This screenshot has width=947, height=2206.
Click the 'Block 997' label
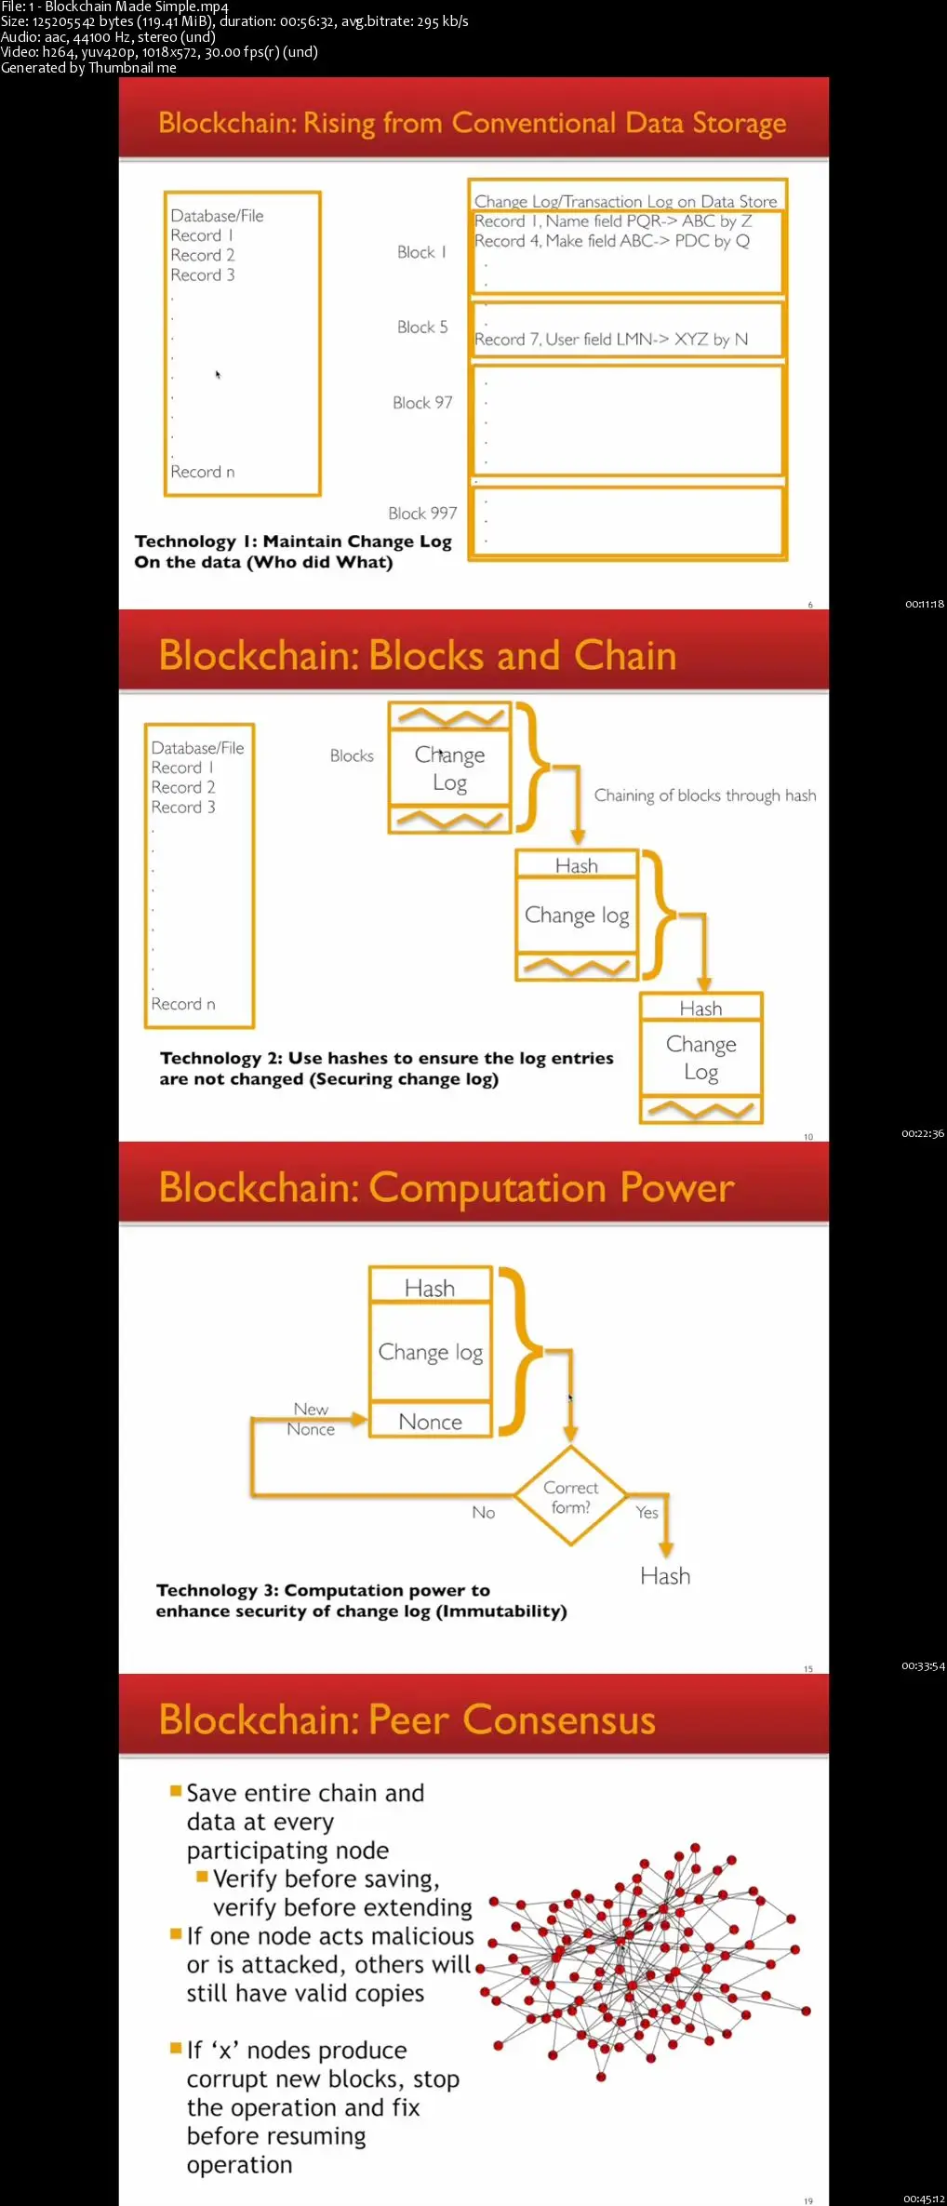pos(422,514)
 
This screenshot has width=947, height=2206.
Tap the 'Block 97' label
pos(422,403)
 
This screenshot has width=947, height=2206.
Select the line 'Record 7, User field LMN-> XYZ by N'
pos(611,340)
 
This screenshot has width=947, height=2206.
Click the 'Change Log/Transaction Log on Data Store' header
pos(625,201)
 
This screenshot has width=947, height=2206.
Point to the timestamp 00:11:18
pos(924,604)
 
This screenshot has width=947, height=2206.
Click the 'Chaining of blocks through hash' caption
pos(705,795)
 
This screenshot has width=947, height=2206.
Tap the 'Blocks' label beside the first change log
pos(352,756)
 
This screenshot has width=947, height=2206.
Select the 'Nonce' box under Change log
pos(430,1422)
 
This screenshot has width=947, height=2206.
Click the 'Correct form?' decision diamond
pos(571,1497)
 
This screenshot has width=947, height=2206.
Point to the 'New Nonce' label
pos(311,1420)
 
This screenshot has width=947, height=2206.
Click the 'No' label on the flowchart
pos(484,1513)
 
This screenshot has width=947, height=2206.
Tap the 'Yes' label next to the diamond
pos(647,1513)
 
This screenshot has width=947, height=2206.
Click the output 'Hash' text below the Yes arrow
pos(665,1576)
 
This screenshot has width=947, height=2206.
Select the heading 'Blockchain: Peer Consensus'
pos(407,1720)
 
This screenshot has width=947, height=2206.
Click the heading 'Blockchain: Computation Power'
pos(447,1188)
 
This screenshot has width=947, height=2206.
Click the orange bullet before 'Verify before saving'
pos(202,1877)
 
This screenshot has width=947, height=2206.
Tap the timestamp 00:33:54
pos(923,1665)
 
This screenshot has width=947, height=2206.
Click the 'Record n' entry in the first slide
pos(203,472)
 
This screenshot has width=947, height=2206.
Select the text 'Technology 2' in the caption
pos(220,1058)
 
